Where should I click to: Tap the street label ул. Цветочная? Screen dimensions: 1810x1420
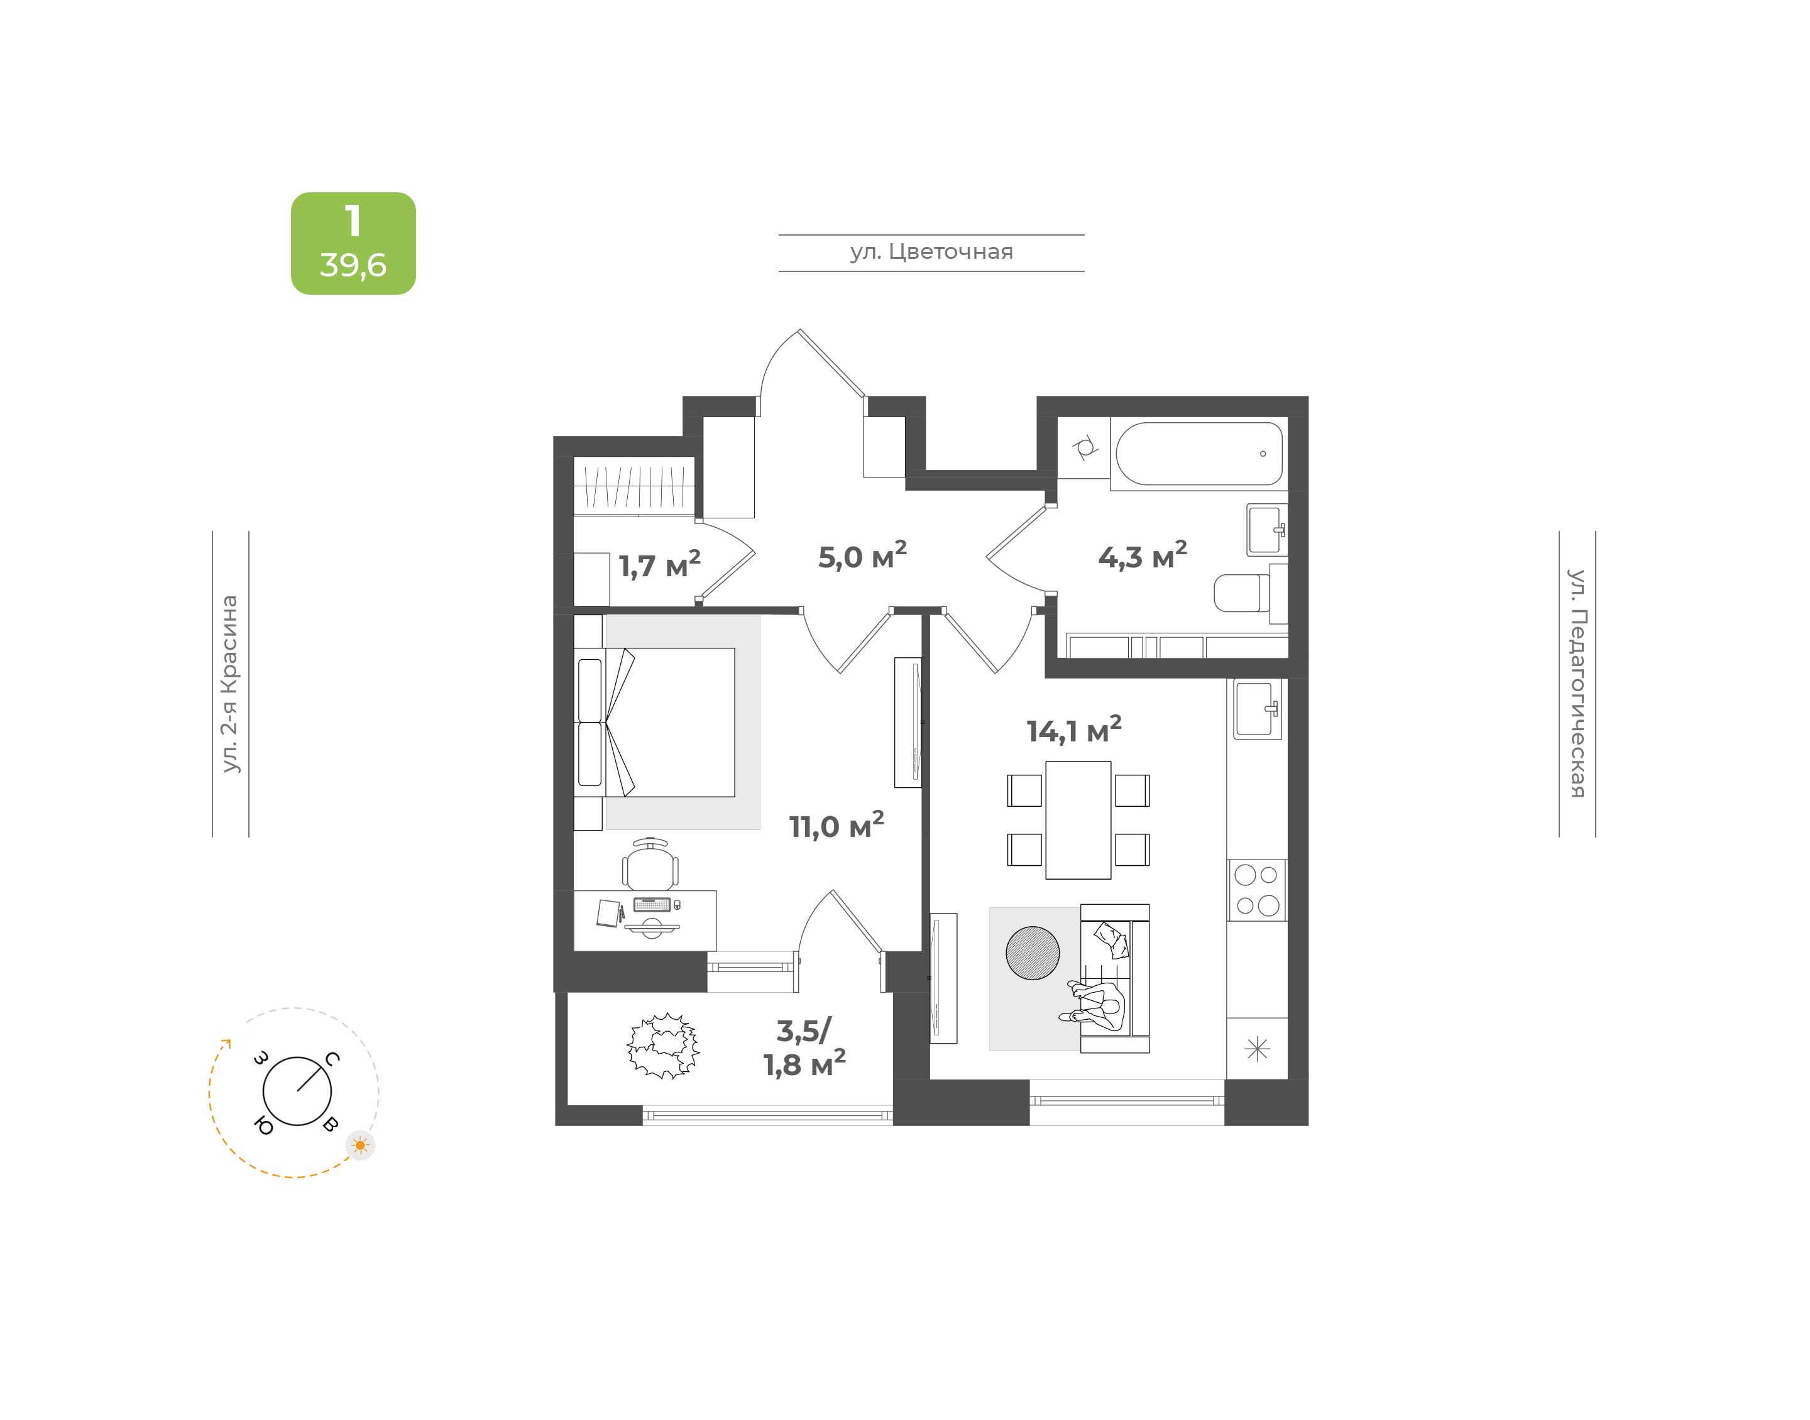(x=931, y=252)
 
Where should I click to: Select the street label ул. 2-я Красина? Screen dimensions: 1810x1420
(x=229, y=684)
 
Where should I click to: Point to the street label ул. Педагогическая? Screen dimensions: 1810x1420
(x=1577, y=684)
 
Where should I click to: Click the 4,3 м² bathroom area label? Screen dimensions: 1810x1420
(x=1143, y=556)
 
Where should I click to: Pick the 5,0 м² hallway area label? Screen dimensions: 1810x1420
(x=862, y=556)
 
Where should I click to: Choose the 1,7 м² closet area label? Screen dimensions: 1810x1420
(x=659, y=564)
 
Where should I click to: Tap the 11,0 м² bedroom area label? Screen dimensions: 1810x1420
(x=836, y=826)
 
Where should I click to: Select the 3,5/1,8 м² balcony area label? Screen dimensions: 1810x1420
(x=804, y=1047)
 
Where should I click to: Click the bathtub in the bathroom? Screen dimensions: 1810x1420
(x=1199, y=454)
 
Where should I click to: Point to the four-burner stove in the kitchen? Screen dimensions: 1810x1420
(x=1257, y=890)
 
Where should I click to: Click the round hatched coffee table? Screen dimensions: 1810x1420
(x=1033, y=953)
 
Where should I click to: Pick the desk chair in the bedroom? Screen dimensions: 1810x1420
(x=650, y=865)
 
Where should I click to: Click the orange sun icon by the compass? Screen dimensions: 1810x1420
(x=360, y=1145)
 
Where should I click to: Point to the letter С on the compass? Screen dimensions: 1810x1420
(x=332, y=1058)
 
